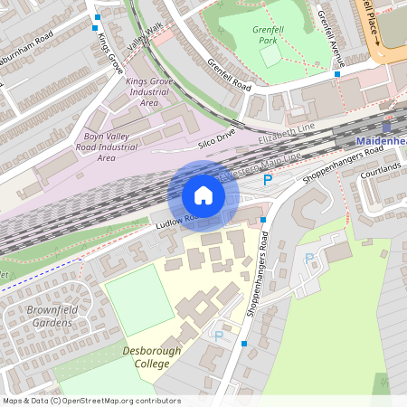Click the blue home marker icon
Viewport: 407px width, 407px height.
203,195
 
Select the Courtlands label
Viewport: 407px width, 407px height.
380,169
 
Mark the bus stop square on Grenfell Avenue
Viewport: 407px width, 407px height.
337,74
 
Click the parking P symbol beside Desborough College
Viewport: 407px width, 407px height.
218,336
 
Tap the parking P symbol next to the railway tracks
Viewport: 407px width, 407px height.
268,181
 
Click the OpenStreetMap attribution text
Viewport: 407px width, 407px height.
80,400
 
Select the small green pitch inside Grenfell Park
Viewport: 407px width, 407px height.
270,56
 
